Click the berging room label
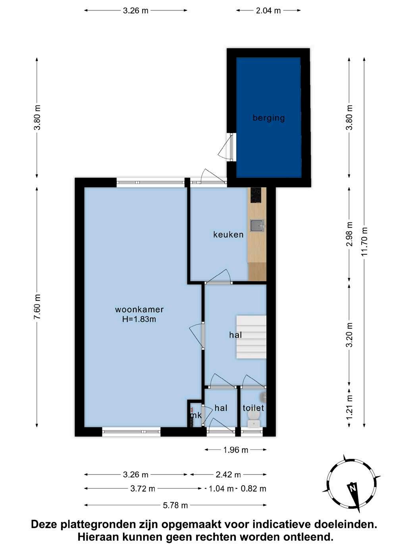(268, 118)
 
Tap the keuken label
(228, 234)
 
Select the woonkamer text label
(139, 310)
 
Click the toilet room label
(253, 408)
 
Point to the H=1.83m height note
(139, 319)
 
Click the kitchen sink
(257, 225)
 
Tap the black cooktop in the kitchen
(256, 195)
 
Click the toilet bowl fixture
(254, 420)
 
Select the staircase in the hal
(251, 337)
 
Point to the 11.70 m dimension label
(364, 241)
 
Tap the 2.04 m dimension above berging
(268, 10)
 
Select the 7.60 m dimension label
(37, 307)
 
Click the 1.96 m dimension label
(236, 450)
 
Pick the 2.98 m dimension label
(349, 234)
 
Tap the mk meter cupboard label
(196, 415)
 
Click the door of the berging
(228, 147)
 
